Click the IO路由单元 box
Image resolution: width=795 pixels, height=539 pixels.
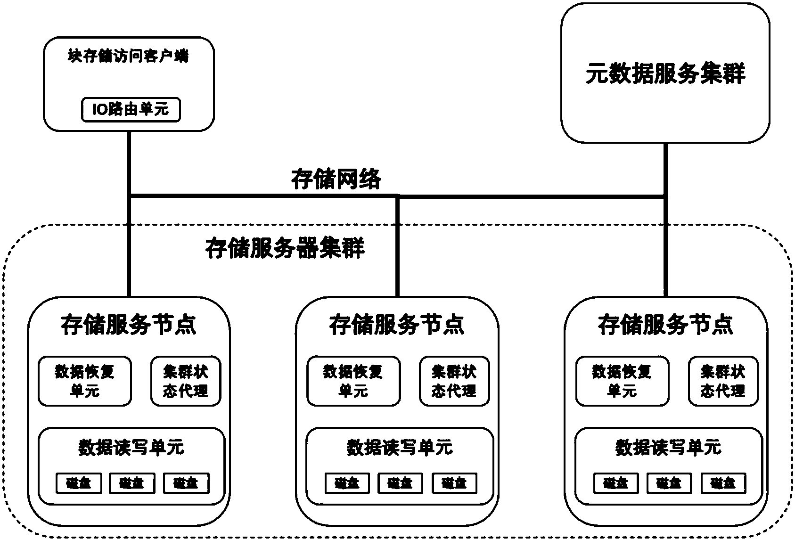coord(131,110)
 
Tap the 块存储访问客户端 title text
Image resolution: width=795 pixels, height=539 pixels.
coord(128,57)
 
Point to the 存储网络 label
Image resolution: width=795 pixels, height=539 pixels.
coord(336,180)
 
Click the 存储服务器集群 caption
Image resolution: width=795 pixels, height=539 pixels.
coord(285,248)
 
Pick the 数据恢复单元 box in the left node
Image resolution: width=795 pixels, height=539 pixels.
coord(85,381)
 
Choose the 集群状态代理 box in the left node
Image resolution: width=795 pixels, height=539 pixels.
coord(186,381)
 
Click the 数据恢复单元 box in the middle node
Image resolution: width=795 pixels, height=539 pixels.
coord(353,381)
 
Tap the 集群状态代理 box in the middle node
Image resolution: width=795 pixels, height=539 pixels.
coord(454,381)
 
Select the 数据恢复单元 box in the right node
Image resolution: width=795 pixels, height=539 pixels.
coord(622,381)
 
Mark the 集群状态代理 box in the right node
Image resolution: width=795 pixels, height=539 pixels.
coord(723,381)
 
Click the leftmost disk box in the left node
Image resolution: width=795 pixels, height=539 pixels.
coord(78,483)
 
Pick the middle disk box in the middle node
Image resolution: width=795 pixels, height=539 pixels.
coord(401,483)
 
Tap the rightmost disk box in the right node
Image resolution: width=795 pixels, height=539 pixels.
coord(723,483)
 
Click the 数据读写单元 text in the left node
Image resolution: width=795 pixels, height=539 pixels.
coord(131,447)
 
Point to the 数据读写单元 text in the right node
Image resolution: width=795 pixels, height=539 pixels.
coord(668,447)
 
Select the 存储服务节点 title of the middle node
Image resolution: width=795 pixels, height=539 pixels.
coord(397,325)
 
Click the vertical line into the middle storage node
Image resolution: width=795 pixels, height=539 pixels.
coord(397,245)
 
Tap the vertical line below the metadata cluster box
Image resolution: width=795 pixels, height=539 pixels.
coord(665,170)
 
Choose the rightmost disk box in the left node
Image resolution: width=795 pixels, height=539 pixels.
coord(186,483)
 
